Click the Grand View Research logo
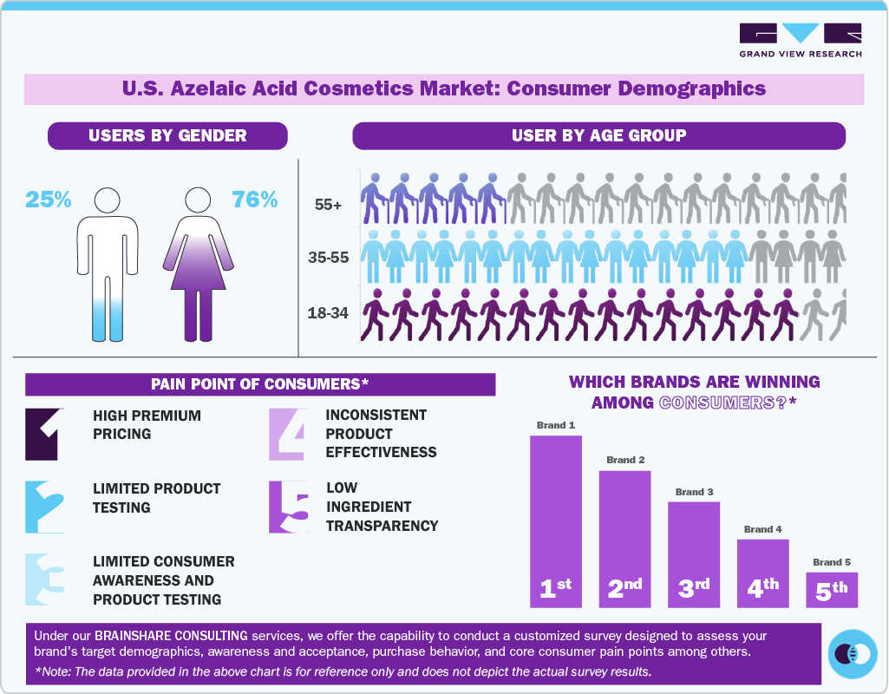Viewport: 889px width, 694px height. [800, 40]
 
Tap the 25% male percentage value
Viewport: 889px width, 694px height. [49, 200]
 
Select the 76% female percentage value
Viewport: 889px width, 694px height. [254, 200]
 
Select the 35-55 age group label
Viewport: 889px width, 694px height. [328, 258]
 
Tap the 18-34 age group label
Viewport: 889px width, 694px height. [328, 312]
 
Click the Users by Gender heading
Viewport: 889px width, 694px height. [167, 135]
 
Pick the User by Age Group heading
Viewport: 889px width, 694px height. [598, 135]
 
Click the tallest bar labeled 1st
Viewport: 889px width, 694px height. [555, 520]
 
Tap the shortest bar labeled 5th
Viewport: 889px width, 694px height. [831, 589]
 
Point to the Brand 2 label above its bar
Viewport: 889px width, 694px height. [624, 459]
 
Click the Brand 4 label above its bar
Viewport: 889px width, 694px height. [762, 528]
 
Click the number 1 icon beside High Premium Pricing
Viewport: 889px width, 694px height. [44, 434]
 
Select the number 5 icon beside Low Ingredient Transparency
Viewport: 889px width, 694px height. [287, 507]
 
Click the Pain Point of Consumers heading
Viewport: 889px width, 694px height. [260, 384]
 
